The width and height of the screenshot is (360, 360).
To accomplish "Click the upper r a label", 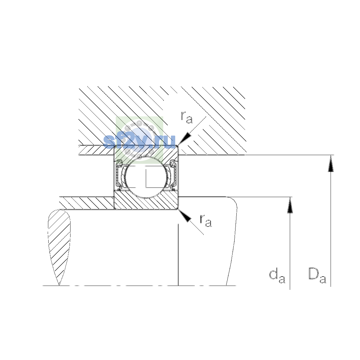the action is (186, 117).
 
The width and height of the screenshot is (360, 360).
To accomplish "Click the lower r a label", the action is (206, 220).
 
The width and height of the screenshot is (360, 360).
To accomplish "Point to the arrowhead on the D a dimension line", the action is (331, 163).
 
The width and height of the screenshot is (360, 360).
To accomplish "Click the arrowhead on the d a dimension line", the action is (290, 205).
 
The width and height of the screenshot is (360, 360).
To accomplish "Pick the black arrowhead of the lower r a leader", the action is (184, 215).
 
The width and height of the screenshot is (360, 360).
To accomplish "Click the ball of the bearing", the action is (146, 177).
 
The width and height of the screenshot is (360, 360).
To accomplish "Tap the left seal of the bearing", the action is (118, 175).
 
